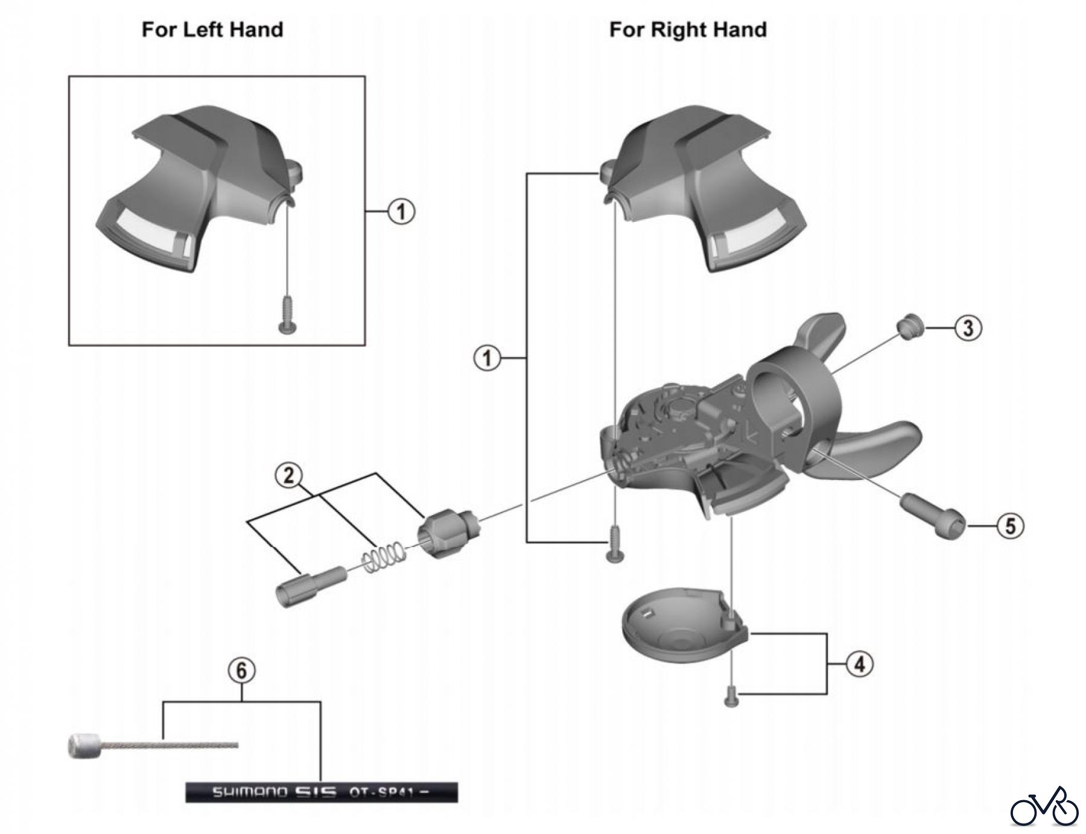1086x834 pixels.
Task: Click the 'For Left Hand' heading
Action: [212, 30]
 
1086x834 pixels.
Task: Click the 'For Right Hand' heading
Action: [688, 30]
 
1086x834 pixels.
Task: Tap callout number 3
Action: [968, 328]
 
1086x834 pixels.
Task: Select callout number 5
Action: [1010, 526]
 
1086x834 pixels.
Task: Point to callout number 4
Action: [859, 664]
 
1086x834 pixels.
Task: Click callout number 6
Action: [241, 671]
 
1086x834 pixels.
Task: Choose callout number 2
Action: [289, 475]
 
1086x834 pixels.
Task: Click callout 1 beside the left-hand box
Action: [401, 212]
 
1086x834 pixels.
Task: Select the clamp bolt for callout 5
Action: [933, 516]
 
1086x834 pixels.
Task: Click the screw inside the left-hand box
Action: [287, 314]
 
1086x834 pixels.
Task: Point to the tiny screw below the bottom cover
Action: [731, 698]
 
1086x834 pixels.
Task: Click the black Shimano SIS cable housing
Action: [321, 792]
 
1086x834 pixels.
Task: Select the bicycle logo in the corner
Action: [1044, 807]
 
